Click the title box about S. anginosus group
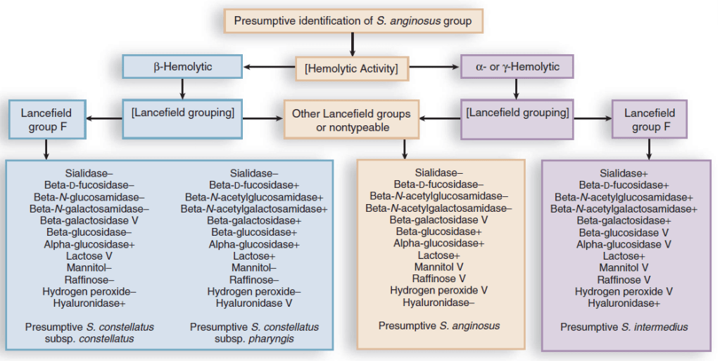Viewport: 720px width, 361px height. pos(353,21)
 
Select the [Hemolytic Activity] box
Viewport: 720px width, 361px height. pos(351,68)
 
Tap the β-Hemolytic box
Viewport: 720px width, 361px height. pos(183,67)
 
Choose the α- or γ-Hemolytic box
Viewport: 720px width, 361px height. pos(517,67)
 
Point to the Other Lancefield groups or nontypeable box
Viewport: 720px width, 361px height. pos(351,119)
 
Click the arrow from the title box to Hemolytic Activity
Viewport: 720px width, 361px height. pos(352,44)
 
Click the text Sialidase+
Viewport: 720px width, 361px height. pos(624,172)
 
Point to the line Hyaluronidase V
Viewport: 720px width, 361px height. pos(254,304)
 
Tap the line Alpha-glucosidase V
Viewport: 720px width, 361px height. pos(624,244)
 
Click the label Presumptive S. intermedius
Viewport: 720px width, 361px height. pos(624,327)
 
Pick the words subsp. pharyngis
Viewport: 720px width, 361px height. pos(254,338)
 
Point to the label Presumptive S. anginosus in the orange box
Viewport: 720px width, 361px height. pos(439,326)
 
